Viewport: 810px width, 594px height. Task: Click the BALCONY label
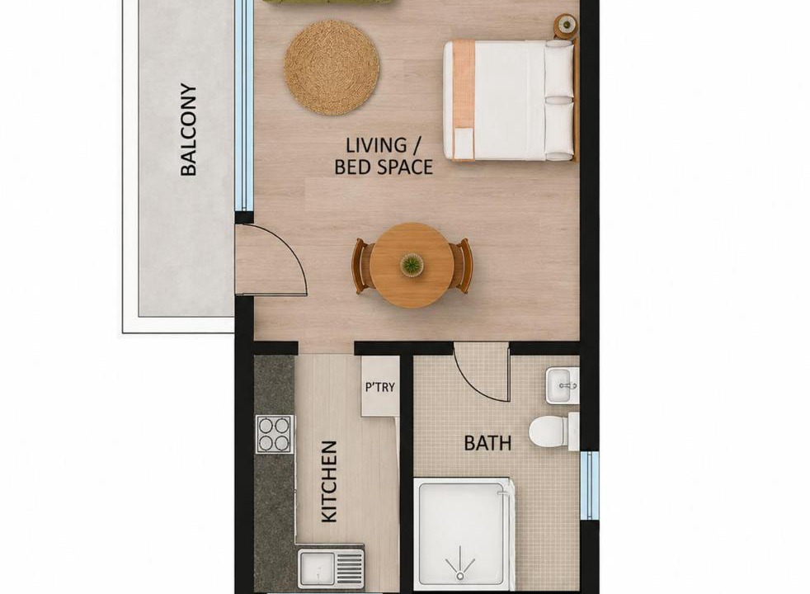click(189, 130)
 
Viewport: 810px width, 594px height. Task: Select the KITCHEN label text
click(329, 482)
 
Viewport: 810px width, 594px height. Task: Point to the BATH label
click(487, 443)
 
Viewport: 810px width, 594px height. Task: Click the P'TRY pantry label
click(380, 387)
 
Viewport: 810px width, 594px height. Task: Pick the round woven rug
click(332, 67)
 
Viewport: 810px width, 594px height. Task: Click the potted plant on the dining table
click(412, 265)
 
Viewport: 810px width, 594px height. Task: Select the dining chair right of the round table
click(461, 266)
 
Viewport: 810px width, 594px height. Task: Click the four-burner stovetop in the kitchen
click(275, 435)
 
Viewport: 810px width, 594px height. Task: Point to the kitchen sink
click(331, 568)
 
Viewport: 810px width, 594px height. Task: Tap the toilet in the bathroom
click(553, 431)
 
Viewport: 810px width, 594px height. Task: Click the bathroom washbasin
click(562, 385)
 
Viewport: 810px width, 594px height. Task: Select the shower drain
click(459, 575)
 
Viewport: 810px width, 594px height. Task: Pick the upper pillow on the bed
click(559, 69)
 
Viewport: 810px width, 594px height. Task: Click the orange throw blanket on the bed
click(464, 100)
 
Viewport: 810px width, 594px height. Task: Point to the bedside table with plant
click(566, 26)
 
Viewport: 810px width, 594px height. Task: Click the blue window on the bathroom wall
click(590, 486)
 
